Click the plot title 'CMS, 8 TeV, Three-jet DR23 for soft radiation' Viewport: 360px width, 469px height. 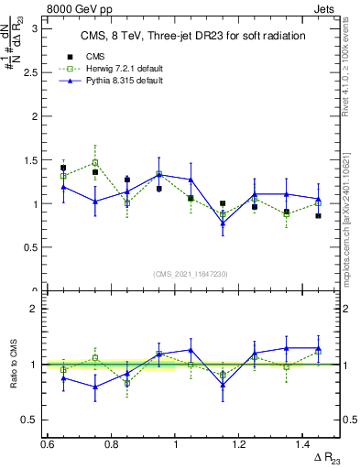click(x=184, y=36)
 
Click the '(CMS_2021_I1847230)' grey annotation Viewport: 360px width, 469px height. click(x=190, y=273)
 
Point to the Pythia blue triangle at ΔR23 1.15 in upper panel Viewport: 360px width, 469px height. click(x=223, y=224)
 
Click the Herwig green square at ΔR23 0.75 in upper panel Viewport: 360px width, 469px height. click(x=95, y=162)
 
